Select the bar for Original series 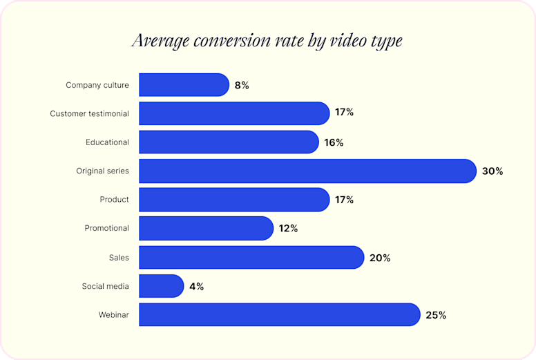(x=307, y=171)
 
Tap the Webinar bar (x=279, y=315)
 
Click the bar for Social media (x=161, y=286)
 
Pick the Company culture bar (x=184, y=85)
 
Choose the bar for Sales (x=251, y=258)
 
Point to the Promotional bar (x=206, y=229)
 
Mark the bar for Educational (x=229, y=142)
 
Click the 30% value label (x=492, y=171)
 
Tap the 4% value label (x=196, y=286)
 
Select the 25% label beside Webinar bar (x=436, y=315)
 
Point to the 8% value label (x=241, y=86)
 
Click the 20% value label (x=380, y=258)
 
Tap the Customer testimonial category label (x=89, y=113)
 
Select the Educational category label (x=107, y=142)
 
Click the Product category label (x=114, y=200)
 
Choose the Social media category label (x=105, y=286)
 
